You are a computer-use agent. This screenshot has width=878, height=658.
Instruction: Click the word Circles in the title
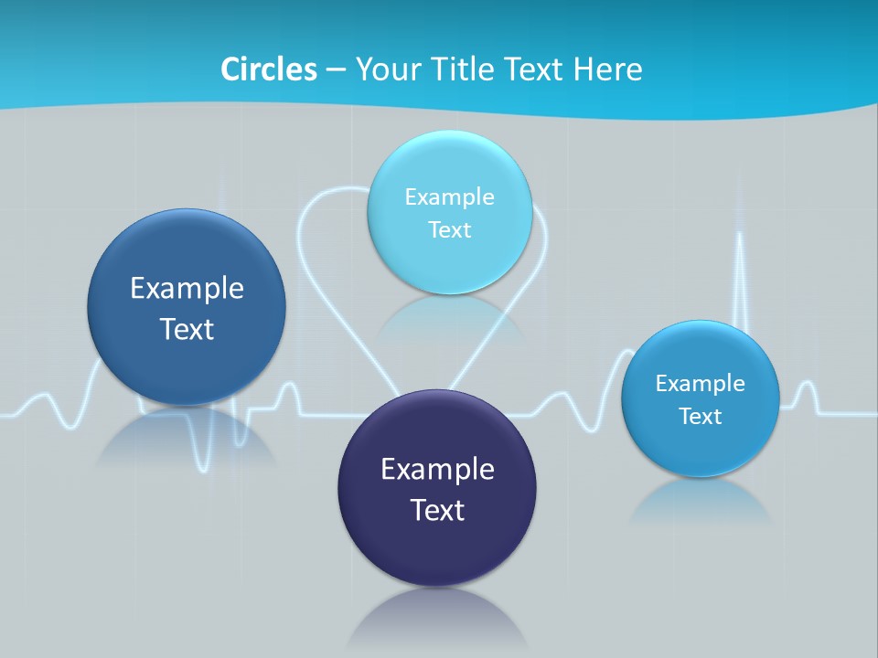pos(269,69)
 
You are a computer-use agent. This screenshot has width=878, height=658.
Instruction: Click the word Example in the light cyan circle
pos(449,196)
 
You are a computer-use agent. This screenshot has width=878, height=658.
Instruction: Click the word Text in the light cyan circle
pos(449,229)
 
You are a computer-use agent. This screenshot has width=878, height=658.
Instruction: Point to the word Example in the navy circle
pos(437,469)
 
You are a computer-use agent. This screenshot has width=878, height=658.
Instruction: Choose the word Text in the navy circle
pos(437,509)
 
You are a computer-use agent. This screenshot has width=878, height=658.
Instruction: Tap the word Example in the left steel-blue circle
pos(187,288)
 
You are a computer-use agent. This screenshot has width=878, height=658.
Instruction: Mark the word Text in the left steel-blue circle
pos(187,328)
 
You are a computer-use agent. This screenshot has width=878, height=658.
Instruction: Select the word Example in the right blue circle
pos(701,383)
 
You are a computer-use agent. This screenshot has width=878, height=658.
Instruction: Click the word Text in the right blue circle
pos(701,416)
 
